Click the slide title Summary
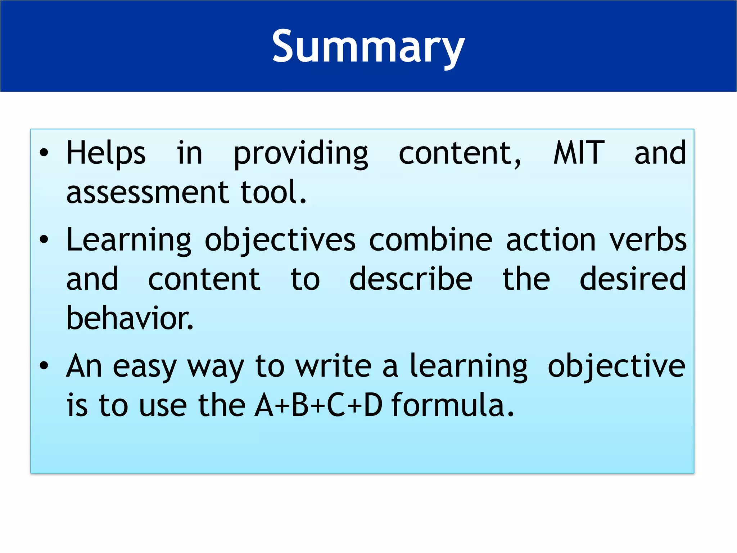coord(368,47)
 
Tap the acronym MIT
coord(579,153)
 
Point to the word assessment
coord(148,193)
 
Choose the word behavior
coord(130,318)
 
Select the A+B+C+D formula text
coord(318,405)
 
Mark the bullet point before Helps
coord(44,153)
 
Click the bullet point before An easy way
coord(44,366)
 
